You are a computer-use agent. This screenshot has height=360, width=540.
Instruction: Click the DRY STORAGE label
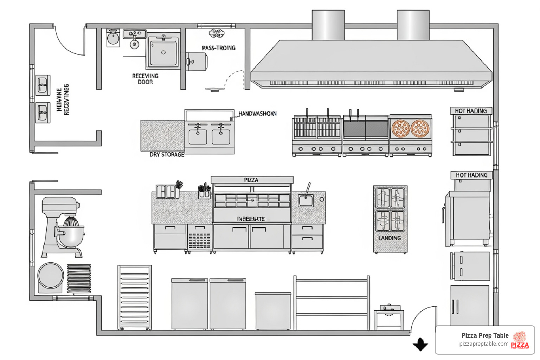coord(167,155)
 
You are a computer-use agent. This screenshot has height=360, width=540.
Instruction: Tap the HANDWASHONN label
coord(257,114)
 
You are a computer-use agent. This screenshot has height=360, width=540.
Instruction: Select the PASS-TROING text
coord(219,48)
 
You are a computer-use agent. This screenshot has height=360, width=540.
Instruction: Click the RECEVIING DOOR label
coord(145,79)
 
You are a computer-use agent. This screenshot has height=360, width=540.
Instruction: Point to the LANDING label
coord(390,238)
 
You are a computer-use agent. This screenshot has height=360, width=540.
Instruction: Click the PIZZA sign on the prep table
coord(251,180)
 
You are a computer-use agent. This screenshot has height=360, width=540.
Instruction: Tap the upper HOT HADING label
coord(471,111)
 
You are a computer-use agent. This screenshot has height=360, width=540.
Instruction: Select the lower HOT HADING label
coord(471,175)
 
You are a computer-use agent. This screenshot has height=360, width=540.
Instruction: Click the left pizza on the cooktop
coord(401,128)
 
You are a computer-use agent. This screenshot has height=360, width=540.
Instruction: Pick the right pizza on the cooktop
coord(420,128)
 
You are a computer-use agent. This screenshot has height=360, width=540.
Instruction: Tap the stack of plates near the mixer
coord(79,278)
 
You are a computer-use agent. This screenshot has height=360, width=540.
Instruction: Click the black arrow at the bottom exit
coord(420,345)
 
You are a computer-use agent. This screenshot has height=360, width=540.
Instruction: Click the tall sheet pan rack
coord(135,297)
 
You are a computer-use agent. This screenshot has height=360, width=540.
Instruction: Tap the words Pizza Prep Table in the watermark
coord(485,335)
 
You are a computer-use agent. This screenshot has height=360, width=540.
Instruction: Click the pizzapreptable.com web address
coord(484,344)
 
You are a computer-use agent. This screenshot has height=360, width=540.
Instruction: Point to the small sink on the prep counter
coord(306,201)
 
